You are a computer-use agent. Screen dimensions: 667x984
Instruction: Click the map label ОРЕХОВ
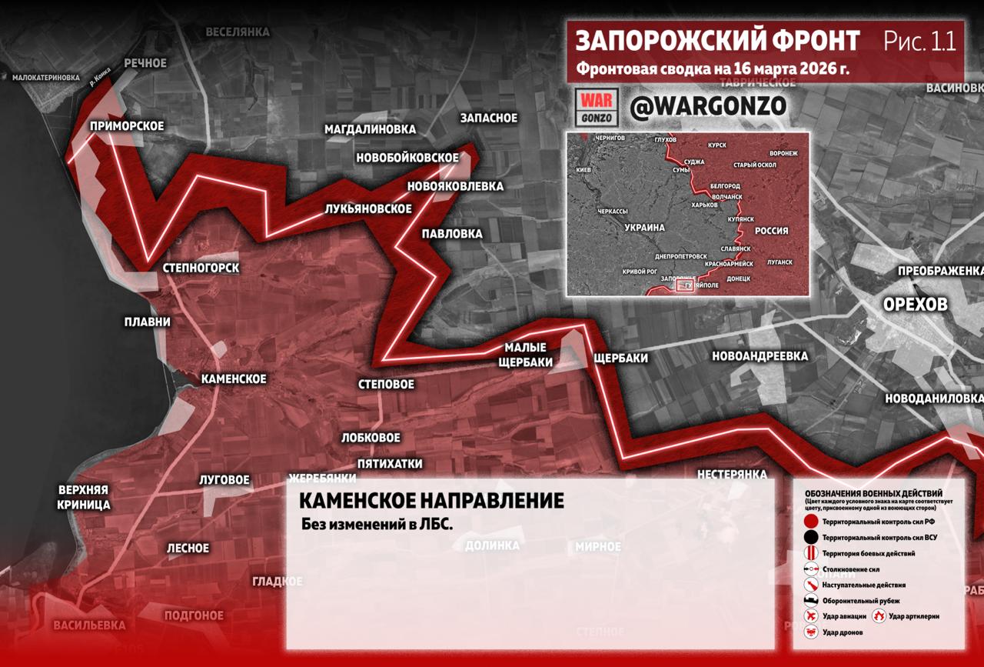pyautogui.click(x=915, y=305)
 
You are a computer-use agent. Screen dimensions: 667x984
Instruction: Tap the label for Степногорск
pyautogui.click(x=201, y=268)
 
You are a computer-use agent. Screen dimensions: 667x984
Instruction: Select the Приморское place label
pyautogui.click(x=127, y=126)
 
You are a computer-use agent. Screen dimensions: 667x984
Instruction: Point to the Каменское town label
pyautogui.click(x=234, y=379)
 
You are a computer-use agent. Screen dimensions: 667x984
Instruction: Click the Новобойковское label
pyautogui.click(x=407, y=158)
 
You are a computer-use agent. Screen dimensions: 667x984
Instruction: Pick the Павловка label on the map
pyautogui.click(x=452, y=234)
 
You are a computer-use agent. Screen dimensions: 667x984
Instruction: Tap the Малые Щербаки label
pyautogui.click(x=525, y=355)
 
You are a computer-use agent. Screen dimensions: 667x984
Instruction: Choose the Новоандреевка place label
pyautogui.click(x=760, y=356)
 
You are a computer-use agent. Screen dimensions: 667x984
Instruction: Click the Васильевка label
pyautogui.click(x=89, y=625)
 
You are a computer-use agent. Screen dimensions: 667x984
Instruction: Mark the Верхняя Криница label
pyautogui.click(x=84, y=498)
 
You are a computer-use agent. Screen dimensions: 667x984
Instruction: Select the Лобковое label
pyautogui.click(x=371, y=438)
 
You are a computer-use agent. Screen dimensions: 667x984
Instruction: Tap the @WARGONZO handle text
pyautogui.click(x=707, y=107)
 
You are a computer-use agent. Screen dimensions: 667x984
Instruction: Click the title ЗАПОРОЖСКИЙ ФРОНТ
pyautogui.click(x=717, y=41)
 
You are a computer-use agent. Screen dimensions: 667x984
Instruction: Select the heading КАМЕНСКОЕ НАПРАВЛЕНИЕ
pyautogui.click(x=430, y=501)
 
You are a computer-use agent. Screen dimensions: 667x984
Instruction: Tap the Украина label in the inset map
pyautogui.click(x=644, y=228)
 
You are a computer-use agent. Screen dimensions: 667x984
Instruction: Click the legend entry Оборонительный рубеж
pyautogui.click(x=861, y=601)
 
